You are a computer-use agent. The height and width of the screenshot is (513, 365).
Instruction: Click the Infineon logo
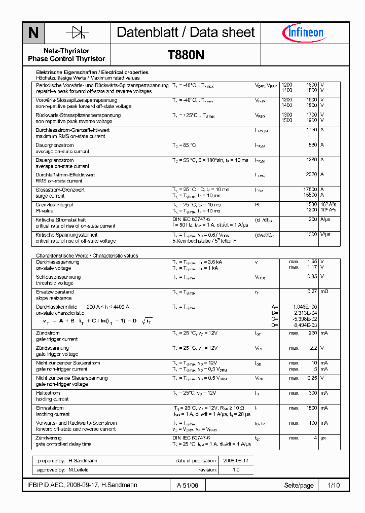303,33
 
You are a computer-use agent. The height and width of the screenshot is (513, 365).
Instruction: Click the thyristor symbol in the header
77,33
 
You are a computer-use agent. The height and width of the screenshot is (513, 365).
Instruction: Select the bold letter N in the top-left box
33,33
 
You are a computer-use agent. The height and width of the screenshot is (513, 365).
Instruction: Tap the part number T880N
186,55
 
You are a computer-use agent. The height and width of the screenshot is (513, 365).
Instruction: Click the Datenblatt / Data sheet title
186,33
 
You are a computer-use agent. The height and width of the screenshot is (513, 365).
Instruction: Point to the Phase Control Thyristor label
66,59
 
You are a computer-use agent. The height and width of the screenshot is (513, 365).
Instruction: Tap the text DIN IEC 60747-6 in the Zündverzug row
191,437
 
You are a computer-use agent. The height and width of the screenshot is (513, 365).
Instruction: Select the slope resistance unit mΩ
324,292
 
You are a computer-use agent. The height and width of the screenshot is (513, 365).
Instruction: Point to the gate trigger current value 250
312,333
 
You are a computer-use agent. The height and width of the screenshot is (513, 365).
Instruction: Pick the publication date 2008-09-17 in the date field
236,461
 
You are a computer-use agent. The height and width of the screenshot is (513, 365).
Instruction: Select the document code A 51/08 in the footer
188,486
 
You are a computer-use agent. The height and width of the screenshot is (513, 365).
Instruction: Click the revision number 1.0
236,470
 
